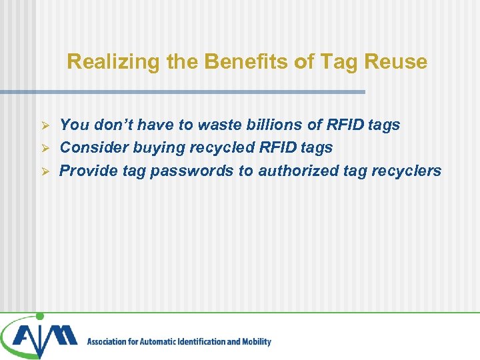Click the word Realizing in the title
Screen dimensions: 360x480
click(100, 62)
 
